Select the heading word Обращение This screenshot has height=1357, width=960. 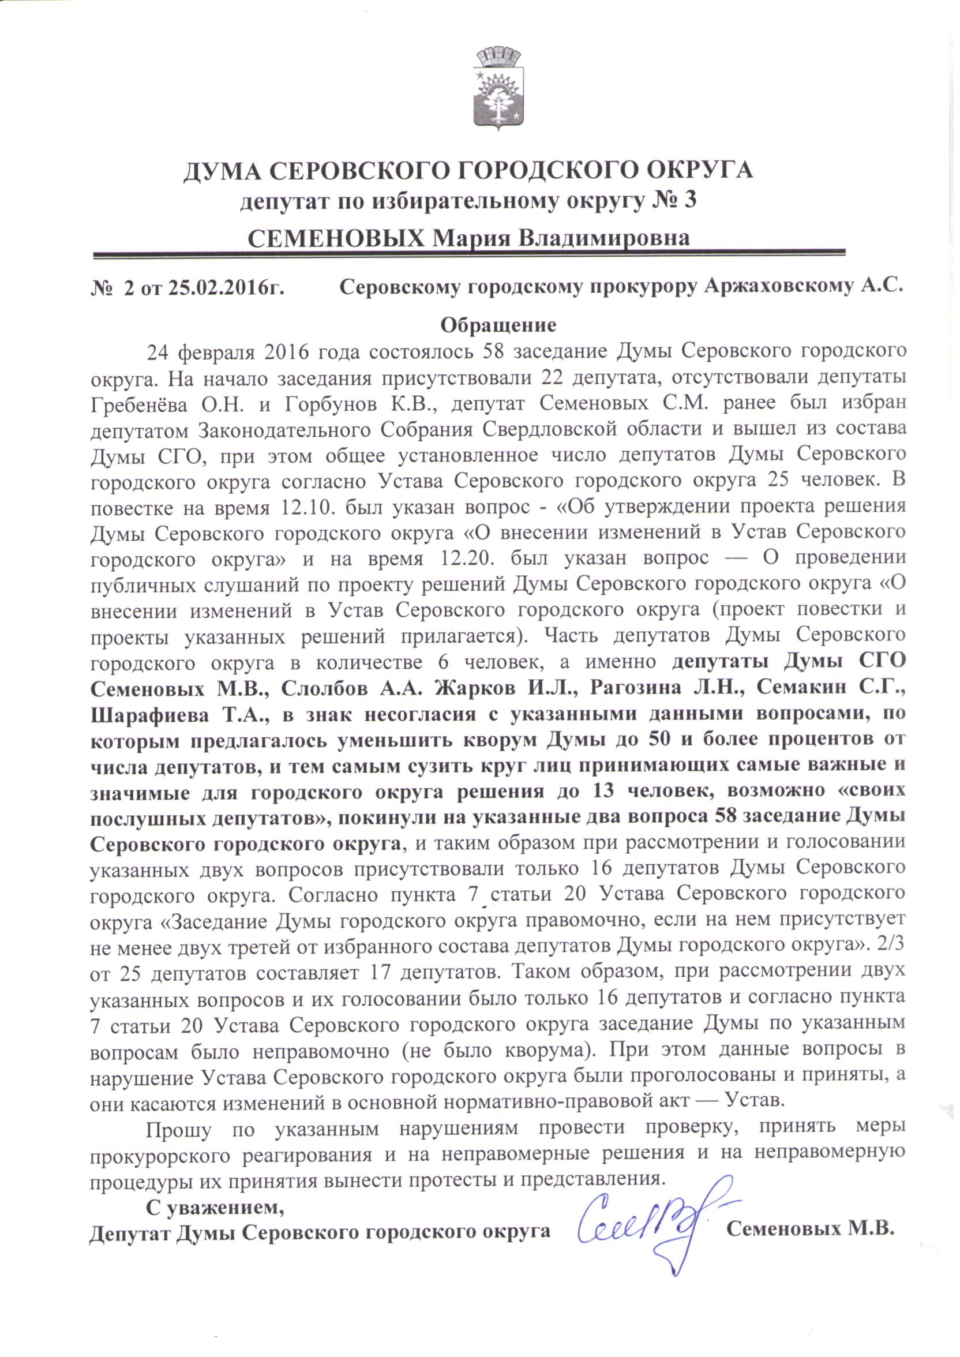[498, 325]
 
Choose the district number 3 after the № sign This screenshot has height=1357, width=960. [689, 200]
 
